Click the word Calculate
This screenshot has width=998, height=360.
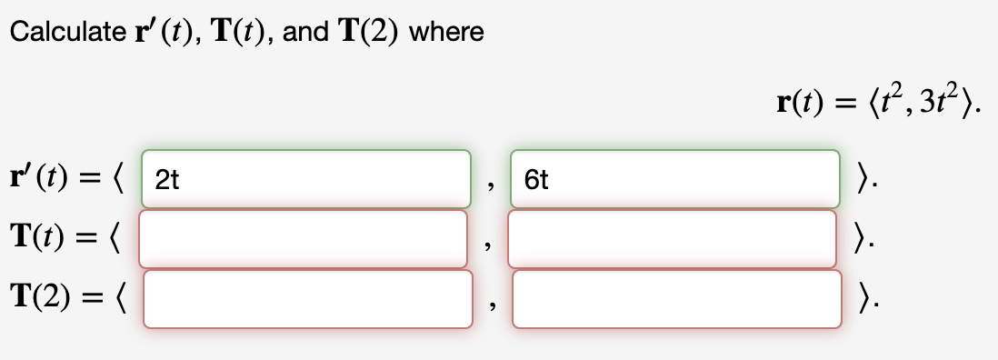[62, 33]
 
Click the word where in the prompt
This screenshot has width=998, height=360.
[446, 33]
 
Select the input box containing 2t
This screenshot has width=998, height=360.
[306, 179]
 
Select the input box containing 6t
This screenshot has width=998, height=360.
[675, 179]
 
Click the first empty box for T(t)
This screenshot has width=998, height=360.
[304, 239]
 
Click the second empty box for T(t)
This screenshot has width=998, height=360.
[673, 239]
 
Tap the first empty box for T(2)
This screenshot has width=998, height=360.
[307, 298]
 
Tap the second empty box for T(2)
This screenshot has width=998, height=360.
[677, 298]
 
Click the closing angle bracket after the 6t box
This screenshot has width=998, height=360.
[860, 179]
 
